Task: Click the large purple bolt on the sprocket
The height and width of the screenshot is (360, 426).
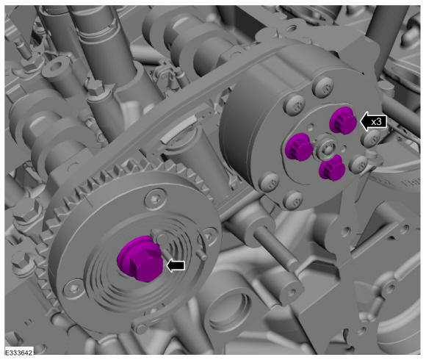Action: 140,259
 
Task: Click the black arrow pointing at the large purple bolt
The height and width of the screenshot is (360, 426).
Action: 176,265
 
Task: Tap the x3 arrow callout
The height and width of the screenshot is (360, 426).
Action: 373,121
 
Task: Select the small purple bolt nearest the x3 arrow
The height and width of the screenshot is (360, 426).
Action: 342,120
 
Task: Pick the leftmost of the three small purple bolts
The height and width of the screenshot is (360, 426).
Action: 299,147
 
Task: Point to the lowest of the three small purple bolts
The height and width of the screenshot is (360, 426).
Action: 332,168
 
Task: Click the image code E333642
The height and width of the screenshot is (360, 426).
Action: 19,353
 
